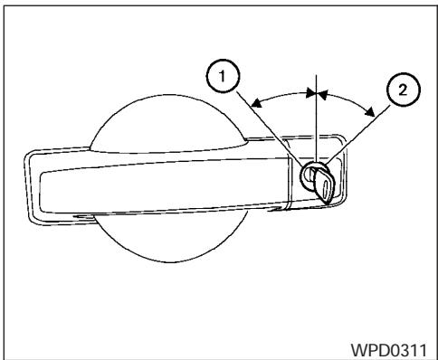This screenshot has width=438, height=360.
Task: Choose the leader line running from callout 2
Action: tap(357, 136)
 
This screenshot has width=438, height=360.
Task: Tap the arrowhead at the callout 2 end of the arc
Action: tap(372, 111)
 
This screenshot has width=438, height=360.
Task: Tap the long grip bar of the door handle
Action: tap(163, 176)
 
